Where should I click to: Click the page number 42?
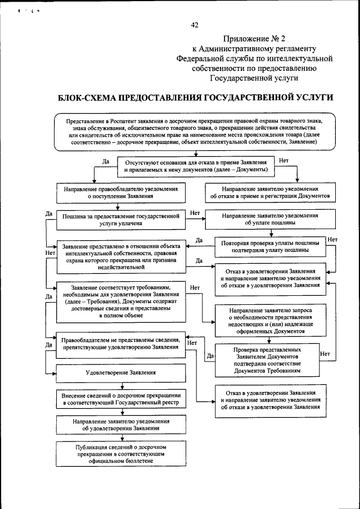click(x=195, y=24)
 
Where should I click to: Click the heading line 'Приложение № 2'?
click(x=254, y=39)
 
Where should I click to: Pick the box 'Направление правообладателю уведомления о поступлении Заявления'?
click(x=121, y=193)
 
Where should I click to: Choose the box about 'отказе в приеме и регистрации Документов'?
click(x=269, y=193)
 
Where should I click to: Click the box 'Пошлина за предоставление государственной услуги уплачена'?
click(x=121, y=219)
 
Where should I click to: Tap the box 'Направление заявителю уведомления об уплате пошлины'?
click(x=269, y=219)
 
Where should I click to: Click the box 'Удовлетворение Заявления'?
click(x=121, y=372)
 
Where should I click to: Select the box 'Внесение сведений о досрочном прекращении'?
click(x=121, y=399)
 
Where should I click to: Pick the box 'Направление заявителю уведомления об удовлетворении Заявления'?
click(x=121, y=425)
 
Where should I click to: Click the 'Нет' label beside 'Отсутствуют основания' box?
click(x=283, y=161)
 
